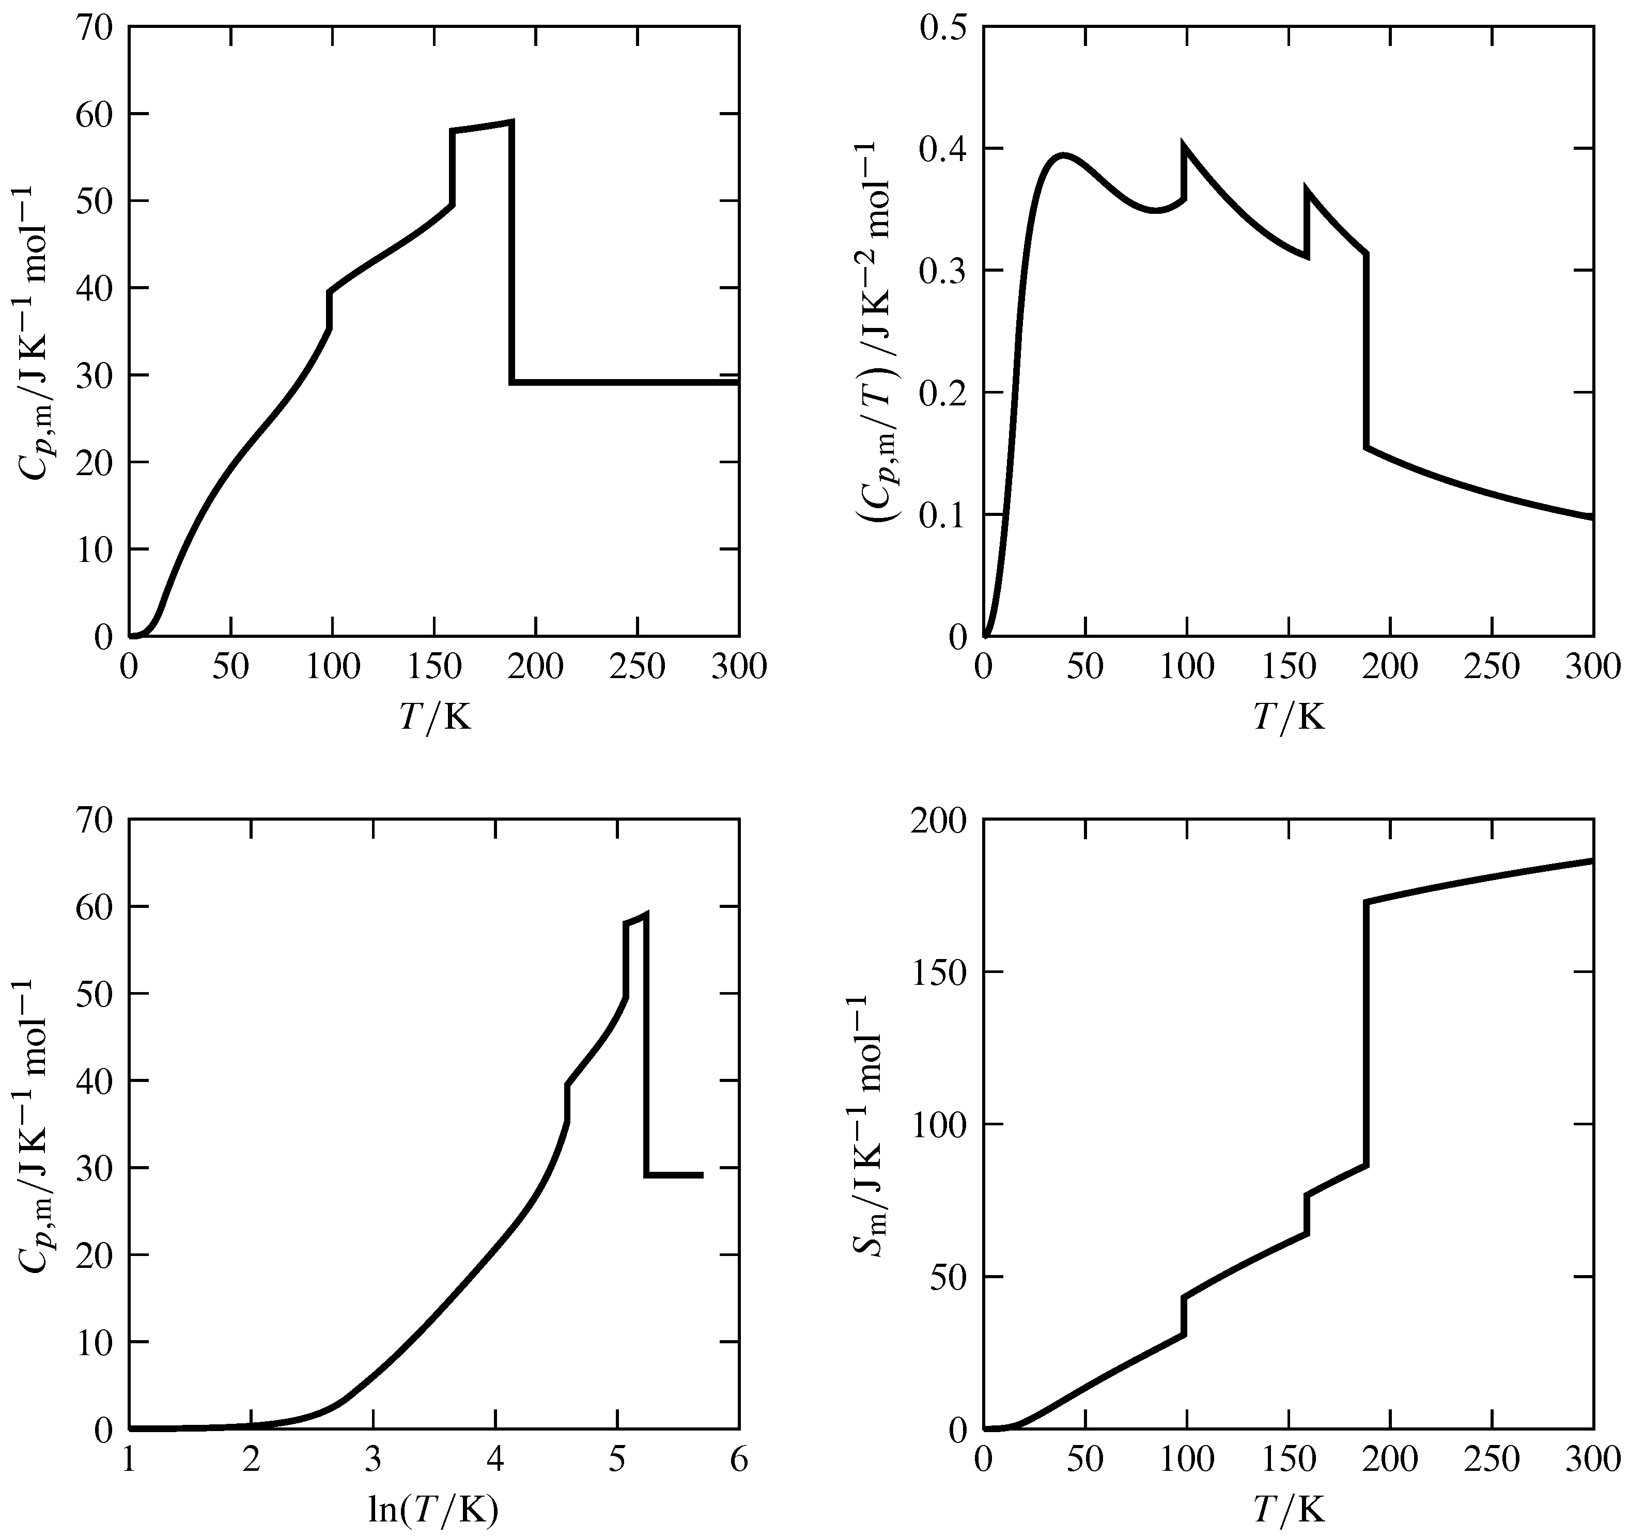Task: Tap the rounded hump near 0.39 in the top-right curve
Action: pos(1064,155)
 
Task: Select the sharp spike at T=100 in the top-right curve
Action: pos(1183,146)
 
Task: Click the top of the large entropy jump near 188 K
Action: pos(1367,902)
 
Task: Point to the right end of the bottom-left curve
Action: pos(702,1175)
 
